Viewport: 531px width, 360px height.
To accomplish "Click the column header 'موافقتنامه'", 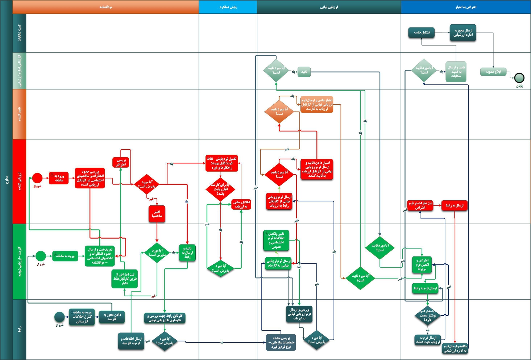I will click(105, 7).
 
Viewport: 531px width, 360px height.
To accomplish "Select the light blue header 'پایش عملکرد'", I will click(228, 7).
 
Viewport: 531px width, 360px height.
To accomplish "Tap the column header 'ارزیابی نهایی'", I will click(329, 7).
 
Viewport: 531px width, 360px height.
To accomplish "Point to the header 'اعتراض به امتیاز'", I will click(466, 7).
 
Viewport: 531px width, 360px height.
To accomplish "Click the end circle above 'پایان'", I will click(519, 78).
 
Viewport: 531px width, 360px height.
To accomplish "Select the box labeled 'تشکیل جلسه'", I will click(422, 33).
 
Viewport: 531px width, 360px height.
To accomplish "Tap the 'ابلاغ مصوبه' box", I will click(493, 72).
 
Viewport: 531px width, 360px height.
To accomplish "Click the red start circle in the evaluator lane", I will click(37, 178).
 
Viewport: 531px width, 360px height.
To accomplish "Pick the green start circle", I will click(41, 256).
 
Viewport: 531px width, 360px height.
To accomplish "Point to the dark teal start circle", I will click(59, 317).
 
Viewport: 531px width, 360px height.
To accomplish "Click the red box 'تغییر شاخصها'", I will click(157, 214).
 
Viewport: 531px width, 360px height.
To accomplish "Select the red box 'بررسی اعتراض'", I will click(121, 162).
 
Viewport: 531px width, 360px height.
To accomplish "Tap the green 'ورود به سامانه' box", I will click(65, 256).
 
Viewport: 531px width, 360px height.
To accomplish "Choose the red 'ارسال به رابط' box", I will click(455, 205).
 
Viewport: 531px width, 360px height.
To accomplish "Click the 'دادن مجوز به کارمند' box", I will click(112, 317).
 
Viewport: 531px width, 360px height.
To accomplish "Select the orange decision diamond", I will click(279, 112).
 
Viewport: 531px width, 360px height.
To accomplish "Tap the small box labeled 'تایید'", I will click(304, 72).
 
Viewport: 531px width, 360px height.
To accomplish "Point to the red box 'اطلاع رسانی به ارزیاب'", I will click(241, 204).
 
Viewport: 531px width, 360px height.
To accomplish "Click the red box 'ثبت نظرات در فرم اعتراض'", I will click(420, 205).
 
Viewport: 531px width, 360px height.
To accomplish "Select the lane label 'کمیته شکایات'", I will click(19, 33).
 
